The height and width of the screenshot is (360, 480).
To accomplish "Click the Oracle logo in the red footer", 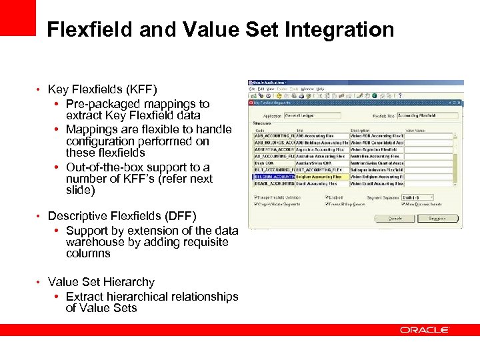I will click(x=425, y=330).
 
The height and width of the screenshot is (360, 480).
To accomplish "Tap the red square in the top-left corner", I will click(x=17, y=17).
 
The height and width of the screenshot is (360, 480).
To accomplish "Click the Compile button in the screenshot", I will click(x=395, y=218).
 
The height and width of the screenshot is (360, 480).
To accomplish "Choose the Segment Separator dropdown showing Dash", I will click(x=414, y=197).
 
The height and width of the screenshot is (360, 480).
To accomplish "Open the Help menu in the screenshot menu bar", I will click(x=321, y=89).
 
